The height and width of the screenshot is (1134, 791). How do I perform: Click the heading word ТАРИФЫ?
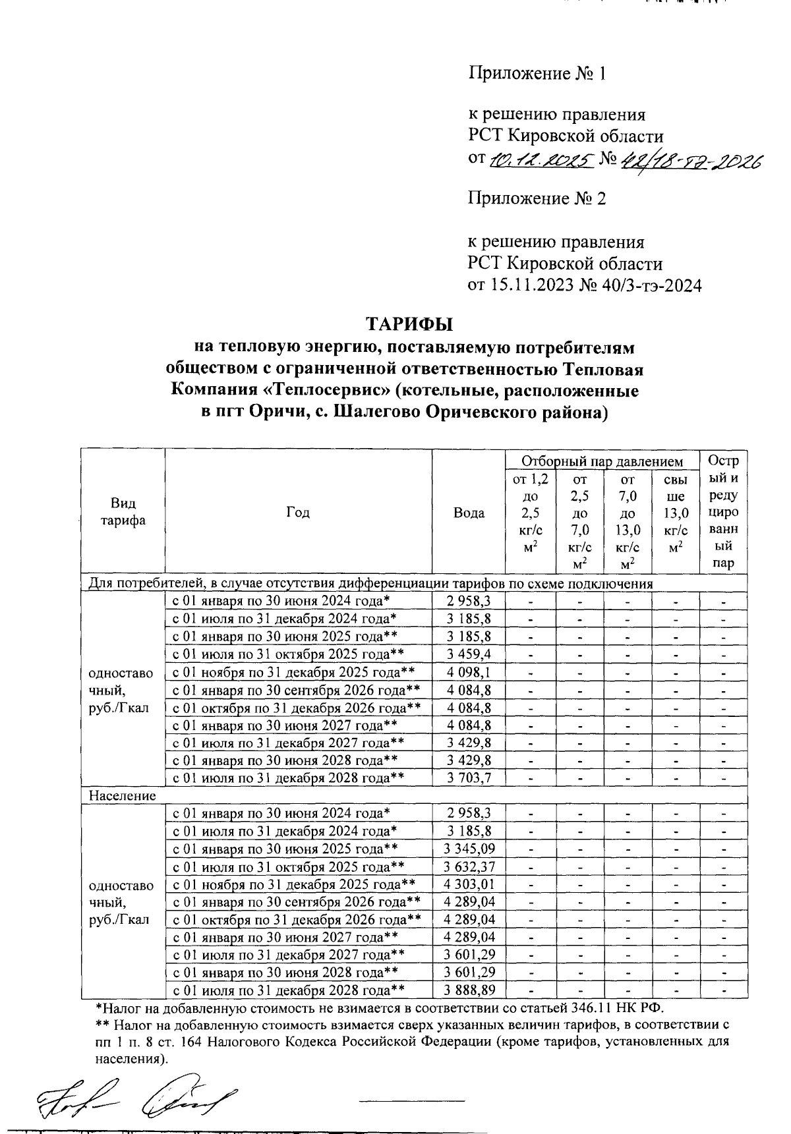(x=409, y=326)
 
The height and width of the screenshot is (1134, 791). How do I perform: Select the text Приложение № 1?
(x=537, y=73)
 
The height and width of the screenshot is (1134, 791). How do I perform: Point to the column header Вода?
(x=469, y=513)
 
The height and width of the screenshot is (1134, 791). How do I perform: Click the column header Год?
(x=298, y=513)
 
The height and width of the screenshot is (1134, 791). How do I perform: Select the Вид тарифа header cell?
(x=123, y=512)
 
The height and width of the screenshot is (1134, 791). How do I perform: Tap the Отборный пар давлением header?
(x=602, y=461)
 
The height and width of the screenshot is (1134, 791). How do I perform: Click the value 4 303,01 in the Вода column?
(x=469, y=884)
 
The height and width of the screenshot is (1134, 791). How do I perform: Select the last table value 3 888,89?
(x=469, y=990)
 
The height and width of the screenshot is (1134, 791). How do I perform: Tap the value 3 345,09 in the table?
(x=469, y=849)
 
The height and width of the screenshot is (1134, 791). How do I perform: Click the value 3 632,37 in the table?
(x=469, y=866)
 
